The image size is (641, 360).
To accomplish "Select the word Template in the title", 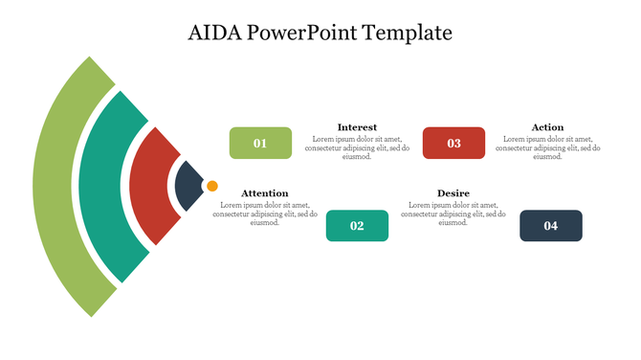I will (407, 33).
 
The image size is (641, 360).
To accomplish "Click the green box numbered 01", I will (260, 143).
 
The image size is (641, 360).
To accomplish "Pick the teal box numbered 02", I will (357, 226).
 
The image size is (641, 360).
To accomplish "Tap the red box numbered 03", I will (453, 143).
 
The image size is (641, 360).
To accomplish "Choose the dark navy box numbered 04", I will (550, 226).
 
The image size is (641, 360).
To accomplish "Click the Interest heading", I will (357, 126).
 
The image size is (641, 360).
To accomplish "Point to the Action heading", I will (547, 126).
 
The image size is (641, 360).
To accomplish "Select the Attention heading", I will (264, 193).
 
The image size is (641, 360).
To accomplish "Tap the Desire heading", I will (453, 193).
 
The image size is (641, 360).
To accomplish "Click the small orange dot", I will (212, 186).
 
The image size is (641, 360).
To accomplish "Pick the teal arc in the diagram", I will (96, 187).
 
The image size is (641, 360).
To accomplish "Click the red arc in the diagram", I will (144, 187).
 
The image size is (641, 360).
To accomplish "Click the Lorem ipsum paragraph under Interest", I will (357, 147).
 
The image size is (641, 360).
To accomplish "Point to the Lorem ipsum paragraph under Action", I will (547, 147).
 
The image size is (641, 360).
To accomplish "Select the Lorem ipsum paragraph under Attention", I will (264, 214).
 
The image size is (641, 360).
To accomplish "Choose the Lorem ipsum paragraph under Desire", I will (453, 214).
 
